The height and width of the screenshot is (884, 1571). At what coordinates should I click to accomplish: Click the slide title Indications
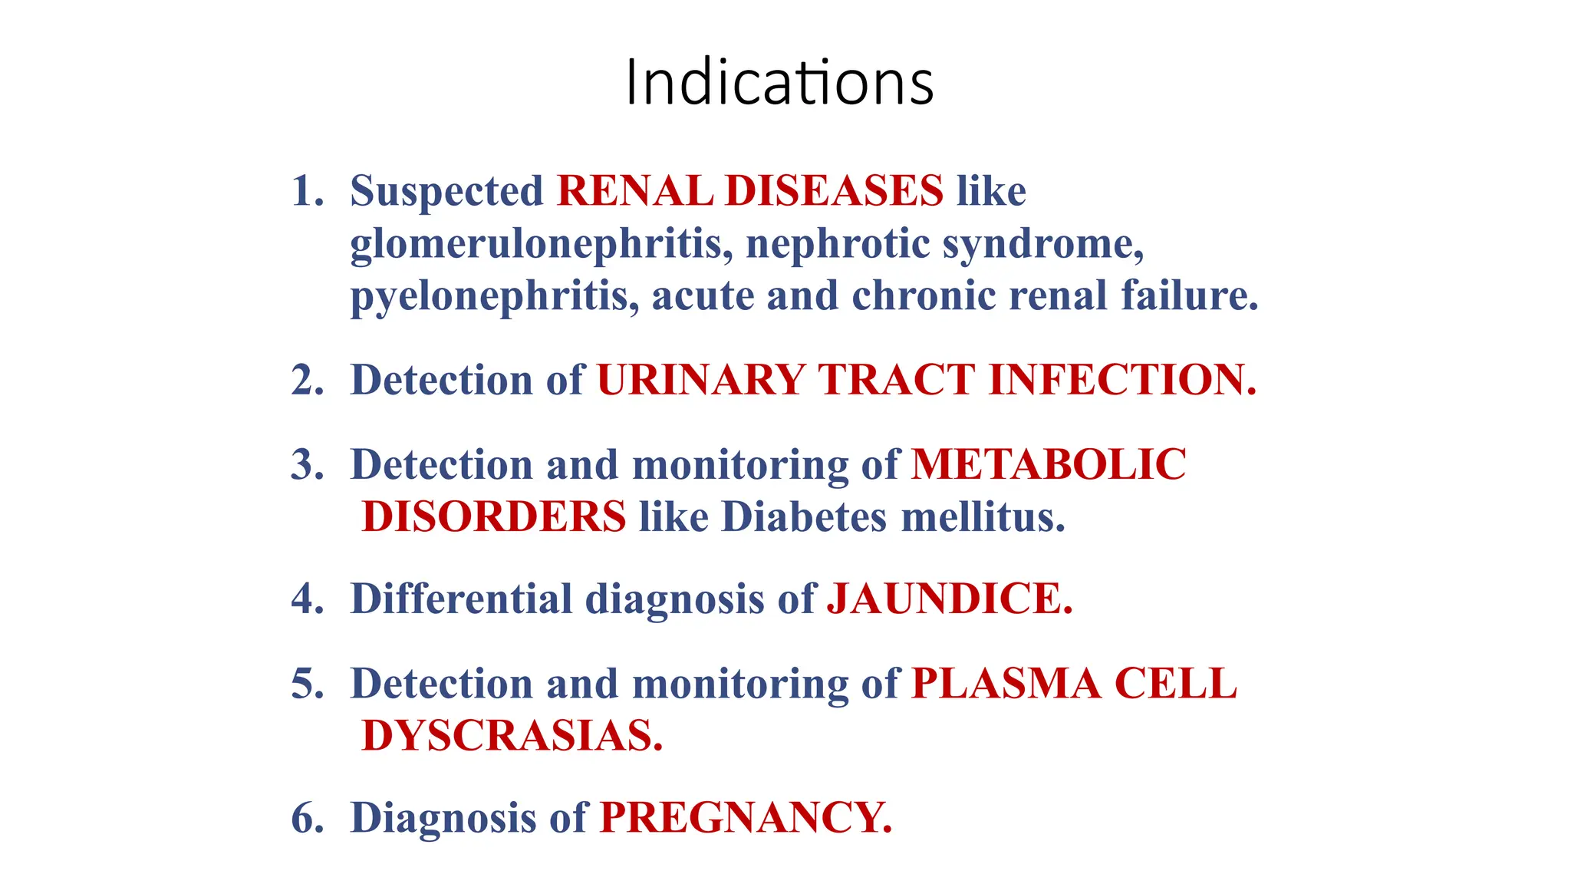(x=779, y=82)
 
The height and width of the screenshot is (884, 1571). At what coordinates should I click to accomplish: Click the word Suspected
(x=446, y=192)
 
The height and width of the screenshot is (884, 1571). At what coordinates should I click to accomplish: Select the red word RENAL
(x=634, y=191)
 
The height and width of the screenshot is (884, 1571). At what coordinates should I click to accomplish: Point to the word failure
(x=1189, y=296)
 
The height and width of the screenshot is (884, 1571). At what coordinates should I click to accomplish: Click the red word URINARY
(x=700, y=380)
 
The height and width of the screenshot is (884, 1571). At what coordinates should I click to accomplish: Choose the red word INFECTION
(x=1122, y=380)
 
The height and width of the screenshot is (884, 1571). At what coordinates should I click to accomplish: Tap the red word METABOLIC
(x=1049, y=465)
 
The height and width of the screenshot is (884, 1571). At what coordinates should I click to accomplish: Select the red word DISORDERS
(x=494, y=517)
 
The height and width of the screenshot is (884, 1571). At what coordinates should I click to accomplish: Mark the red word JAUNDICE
(x=949, y=599)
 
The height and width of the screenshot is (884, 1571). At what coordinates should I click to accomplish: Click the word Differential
(x=461, y=599)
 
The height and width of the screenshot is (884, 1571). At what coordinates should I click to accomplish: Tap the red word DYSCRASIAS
(x=512, y=736)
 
